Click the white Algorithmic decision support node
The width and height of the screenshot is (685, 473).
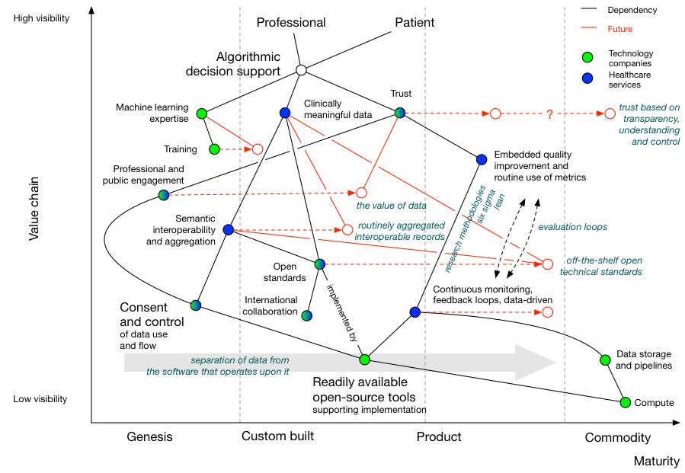301,70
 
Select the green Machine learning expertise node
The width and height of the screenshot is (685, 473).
202,113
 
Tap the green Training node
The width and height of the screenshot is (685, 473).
214,149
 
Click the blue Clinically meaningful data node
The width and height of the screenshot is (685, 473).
285,113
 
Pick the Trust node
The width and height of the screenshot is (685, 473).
400,113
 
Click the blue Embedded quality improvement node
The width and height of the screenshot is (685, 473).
482,159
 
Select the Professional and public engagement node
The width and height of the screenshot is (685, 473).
164,195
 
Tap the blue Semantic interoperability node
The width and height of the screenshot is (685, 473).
228,229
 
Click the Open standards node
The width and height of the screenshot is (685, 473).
320,264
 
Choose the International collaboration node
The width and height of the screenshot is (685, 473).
306,315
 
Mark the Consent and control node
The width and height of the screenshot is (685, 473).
196,305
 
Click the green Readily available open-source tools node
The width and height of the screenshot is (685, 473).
364,359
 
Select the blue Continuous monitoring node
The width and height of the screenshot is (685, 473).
415,312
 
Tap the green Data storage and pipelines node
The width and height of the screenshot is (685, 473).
604,360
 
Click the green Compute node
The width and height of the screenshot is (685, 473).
626,402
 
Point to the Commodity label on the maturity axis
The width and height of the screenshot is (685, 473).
617,437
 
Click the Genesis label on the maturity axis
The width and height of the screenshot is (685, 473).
149,437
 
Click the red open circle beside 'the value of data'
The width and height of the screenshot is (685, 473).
361,193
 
